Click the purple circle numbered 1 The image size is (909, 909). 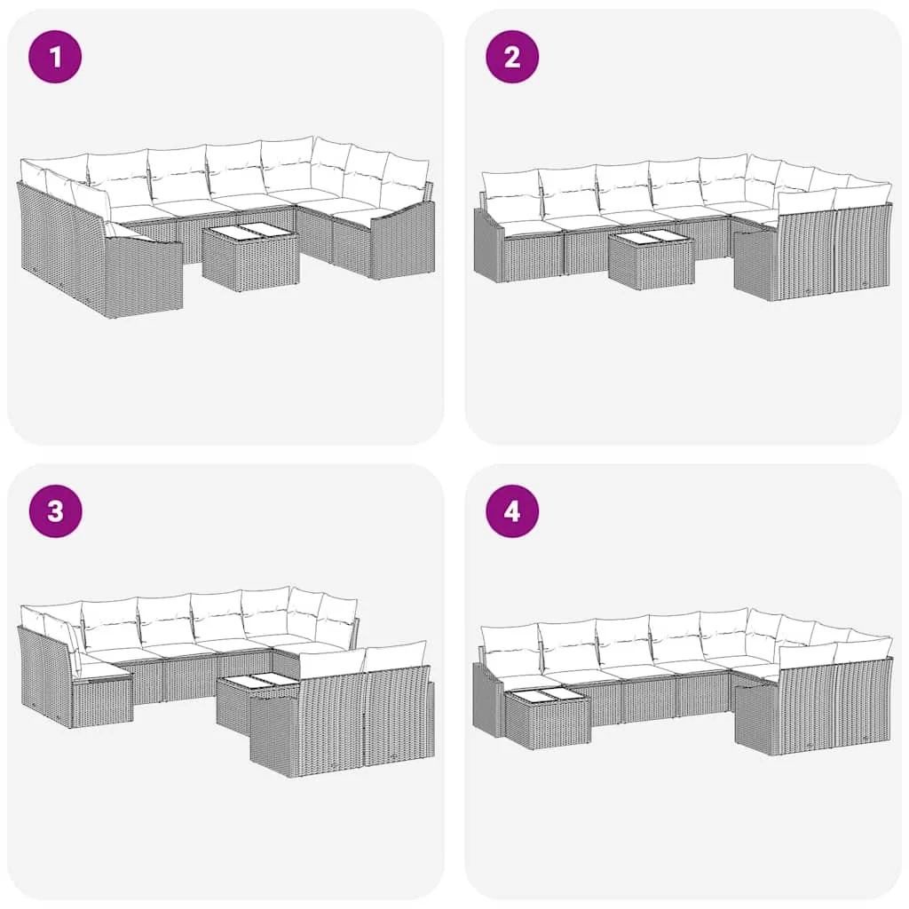point(55,57)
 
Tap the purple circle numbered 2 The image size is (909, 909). point(512,57)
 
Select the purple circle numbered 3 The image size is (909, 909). point(55,511)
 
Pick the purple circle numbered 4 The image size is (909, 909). point(512,511)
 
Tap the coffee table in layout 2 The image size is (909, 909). point(652,259)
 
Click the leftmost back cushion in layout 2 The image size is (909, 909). point(511,189)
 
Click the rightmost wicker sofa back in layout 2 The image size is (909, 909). point(863,248)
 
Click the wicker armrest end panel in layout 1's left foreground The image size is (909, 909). point(143,278)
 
